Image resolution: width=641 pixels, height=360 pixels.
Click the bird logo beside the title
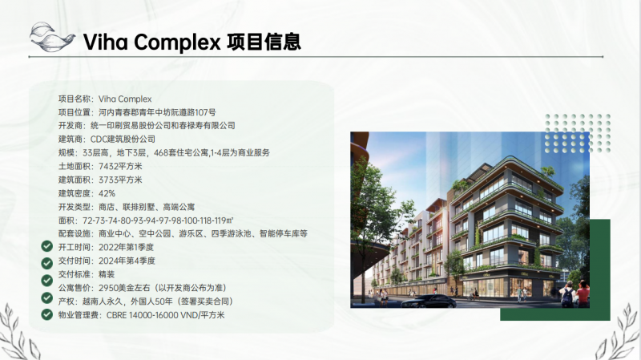pyautogui.click(x=52, y=37)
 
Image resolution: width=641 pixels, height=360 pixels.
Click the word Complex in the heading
pyautogui.click(x=177, y=42)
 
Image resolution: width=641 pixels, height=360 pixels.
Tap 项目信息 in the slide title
pyautogui.click(x=264, y=42)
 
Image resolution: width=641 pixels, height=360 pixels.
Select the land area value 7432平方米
pyautogui.click(x=121, y=166)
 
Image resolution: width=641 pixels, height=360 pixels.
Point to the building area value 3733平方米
pyautogui.click(x=121, y=180)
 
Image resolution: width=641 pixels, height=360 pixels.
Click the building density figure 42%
pyautogui.click(x=107, y=193)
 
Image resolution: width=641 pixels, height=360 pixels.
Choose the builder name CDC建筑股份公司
pyautogui.click(x=123, y=139)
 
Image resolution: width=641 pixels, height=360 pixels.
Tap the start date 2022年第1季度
pyautogui.click(x=127, y=247)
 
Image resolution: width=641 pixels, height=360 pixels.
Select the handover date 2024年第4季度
pyautogui.click(x=127, y=261)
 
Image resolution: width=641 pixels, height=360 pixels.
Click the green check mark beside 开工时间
pyautogui.click(x=47, y=246)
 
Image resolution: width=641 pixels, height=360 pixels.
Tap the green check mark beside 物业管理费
pyautogui.click(x=47, y=314)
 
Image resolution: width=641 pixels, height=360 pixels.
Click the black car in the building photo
pyautogui.click(x=429, y=301)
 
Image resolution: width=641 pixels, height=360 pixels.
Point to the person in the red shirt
pyautogui.click(x=583, y=294)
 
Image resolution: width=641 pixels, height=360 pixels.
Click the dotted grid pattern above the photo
pyautogui.click(x=578, y=133)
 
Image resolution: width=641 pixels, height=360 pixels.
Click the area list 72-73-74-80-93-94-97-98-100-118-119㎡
pyautogui.click(x=158, y=220)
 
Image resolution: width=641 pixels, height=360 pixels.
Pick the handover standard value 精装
pyautogui.click(x=107, y=274)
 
